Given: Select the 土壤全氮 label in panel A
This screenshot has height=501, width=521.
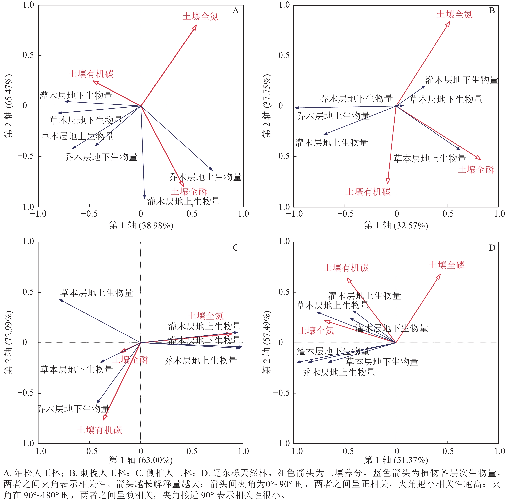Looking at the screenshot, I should (200, 17).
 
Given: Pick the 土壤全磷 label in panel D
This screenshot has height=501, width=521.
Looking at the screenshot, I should (447, 265).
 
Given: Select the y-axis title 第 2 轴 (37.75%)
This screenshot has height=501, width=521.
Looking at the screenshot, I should (266, 106).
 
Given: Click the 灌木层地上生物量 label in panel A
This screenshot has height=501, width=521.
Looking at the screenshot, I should (184, 201).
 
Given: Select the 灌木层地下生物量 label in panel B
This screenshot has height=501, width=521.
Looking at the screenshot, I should (462, 80).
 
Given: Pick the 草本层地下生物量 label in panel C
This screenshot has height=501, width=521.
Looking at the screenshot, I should (77, 369).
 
